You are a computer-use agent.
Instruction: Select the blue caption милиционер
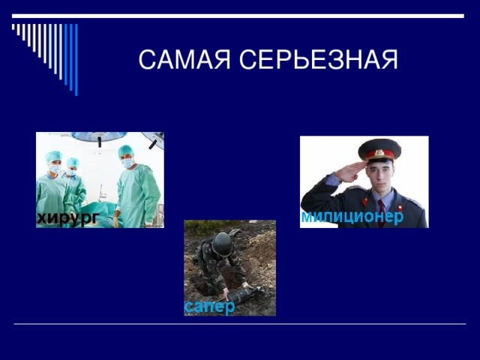coord(352,216)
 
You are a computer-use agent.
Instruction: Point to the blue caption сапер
coord(209,307)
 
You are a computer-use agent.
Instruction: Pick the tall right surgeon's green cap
coord(125,151)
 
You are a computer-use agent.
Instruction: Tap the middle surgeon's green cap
coord(73,160)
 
